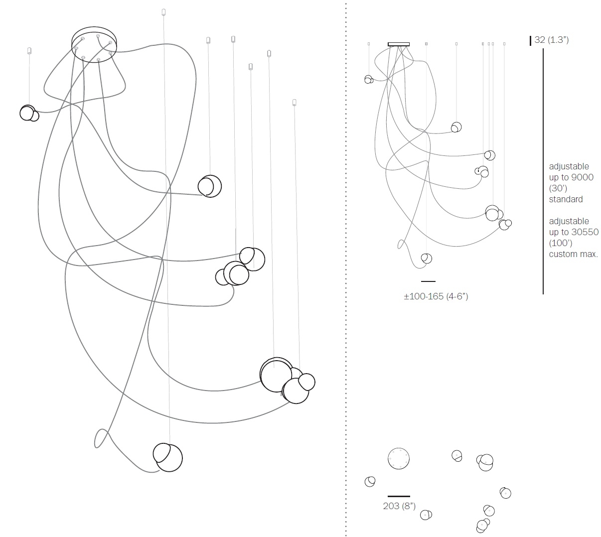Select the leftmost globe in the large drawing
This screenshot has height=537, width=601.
[x=28, y=113]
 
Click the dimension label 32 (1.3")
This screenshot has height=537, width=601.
[x=551, y=40]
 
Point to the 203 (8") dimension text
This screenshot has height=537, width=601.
[x=399, y=506]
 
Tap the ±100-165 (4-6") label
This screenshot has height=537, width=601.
[x=436, y=296]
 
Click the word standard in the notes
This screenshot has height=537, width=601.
[x=566, y=199]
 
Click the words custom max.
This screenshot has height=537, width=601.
[x=573, y=254]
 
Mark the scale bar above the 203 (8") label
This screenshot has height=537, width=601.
[x=399, y=496]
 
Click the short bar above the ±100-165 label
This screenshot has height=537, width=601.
[x=428, y=281]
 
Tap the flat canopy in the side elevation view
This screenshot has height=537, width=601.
[x=399, y=44]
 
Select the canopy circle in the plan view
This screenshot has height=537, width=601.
[x=399, y=458]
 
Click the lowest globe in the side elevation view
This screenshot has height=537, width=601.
[x=426, y=258]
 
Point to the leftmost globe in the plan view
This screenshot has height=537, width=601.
[x=370, y=481]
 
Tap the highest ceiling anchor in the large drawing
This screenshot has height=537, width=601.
[x=163, y=12]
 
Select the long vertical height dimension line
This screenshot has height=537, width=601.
[x=543, y=169]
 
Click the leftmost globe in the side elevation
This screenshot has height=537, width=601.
[x=368, y=79]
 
